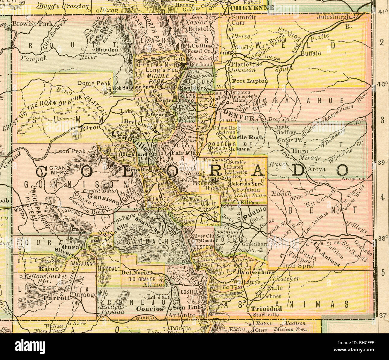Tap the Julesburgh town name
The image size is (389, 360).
(333, 17)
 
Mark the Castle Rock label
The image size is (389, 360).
(246, 138)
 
